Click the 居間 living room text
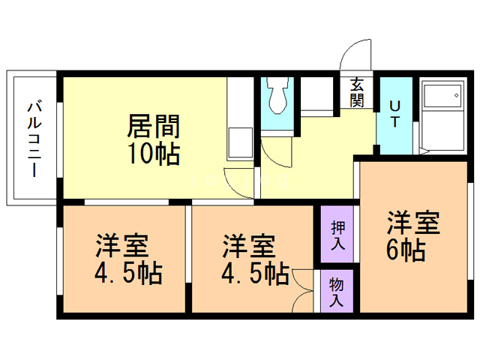[153, 125]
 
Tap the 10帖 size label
[153, 154]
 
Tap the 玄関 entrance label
[356, 92]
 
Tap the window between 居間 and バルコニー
[59, 139]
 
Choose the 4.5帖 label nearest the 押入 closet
[255, 273]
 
